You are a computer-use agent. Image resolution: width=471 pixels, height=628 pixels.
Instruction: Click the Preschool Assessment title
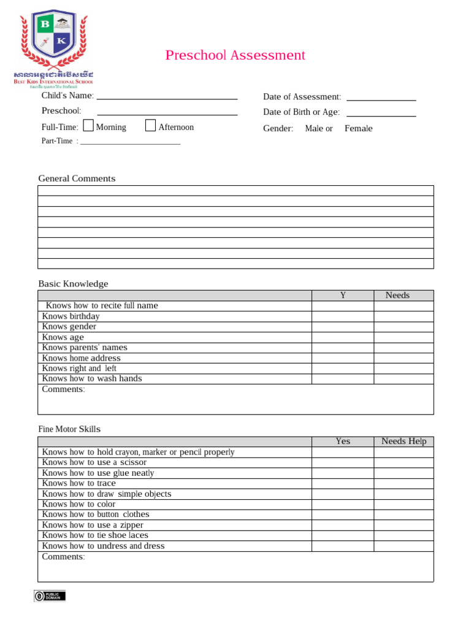coord(235,55)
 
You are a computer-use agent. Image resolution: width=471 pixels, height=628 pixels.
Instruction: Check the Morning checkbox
coord(88,126)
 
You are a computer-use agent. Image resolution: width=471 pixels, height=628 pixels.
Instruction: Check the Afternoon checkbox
coord(151,126)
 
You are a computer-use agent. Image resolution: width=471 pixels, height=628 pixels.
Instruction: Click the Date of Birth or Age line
coord(381,114)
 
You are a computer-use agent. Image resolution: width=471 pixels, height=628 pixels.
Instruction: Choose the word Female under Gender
coord(358,128)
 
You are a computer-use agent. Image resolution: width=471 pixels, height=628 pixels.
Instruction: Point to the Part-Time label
coord(56,141)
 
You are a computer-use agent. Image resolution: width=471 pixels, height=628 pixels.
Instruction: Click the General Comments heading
coord(77,178)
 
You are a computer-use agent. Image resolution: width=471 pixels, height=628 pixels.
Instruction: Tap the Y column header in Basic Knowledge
coord(343,295)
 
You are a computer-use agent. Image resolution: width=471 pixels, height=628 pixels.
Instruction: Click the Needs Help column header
coord(404,441)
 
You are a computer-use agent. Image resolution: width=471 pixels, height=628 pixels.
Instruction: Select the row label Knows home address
coord(81,358)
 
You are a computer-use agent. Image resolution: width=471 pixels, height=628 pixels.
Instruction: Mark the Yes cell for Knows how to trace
coord(343,483)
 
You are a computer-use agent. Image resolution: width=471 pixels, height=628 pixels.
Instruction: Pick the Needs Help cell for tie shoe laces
coord(404,535)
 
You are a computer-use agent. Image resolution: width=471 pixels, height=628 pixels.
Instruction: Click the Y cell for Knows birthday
coord(343,316)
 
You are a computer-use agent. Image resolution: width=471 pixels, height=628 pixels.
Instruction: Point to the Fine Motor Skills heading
coord(69,429)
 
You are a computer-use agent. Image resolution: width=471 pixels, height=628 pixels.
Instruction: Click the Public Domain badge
coord(50,595)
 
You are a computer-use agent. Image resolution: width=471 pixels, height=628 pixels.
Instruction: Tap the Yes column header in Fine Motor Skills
coord(343,441)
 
